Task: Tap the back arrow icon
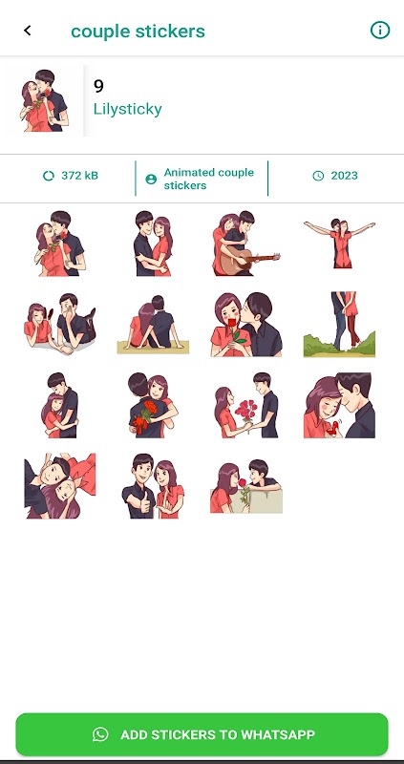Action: pyautogui.click(x=28, y=31)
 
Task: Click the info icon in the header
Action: pyautogui.click(x=380, y=31)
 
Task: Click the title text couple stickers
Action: pyautogui.click(x=138, y=32)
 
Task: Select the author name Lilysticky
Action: pyautogui.click(x=128, y=109)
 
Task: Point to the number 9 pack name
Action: pyautogui.click(x=98, y=86)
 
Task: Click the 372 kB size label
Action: pyautogui.click(x=79, y=176)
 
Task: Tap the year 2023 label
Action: pyautogui.click(x=344, y=176)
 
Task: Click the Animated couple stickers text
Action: pyautogui.click(x=208, y=179)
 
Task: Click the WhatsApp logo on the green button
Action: pyautogui.click(x=100, y=734)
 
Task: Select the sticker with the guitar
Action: pyautogui.click(x=246, y=244)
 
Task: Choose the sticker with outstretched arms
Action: pyautogui.click(x=340, y=244)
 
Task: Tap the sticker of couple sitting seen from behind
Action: pyautogui.click(x=153, y=324)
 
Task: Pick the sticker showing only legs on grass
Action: pyautogui.click(x=340, y=324)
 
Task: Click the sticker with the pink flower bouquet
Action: pyautogui.click(x=246, y=405)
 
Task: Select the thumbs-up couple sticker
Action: pyautogui.click(x=153, y=486)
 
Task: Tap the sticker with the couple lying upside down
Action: pyautogui.click(x=60, y=486)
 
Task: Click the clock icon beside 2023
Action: pyautogui.click(x=318, y=176)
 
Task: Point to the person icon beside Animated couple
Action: pyautogui.click(x=151, y=180)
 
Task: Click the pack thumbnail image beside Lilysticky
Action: pyautogui.click(x=45, y=100)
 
